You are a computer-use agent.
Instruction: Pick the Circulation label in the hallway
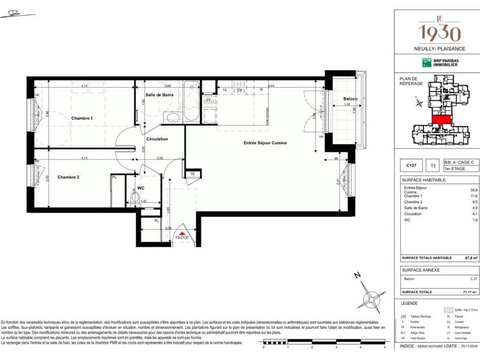tap(157, 139)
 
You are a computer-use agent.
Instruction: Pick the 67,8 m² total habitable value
tap(471, 258)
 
